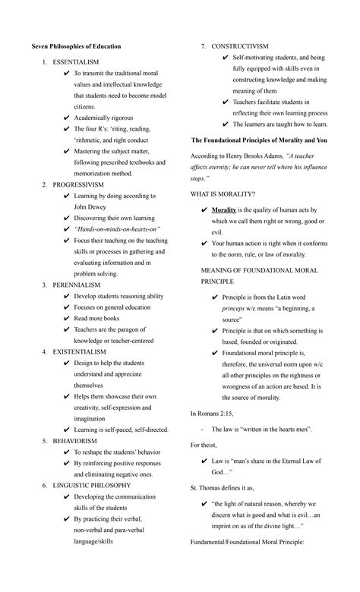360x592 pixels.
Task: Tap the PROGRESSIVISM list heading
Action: click(78, 184)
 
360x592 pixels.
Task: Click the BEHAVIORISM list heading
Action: click(74, 440)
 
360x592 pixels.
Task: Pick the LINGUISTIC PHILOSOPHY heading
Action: click(92, 485)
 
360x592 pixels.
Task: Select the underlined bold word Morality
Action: click(224, 209)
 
